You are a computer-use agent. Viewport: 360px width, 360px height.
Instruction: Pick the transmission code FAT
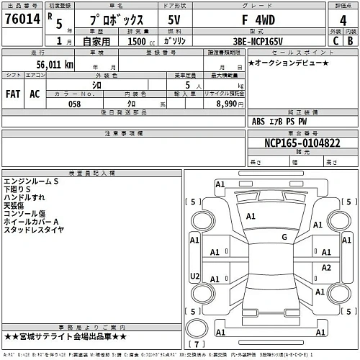(x=14, y=94)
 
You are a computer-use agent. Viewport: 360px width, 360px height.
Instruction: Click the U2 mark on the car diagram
(x=194, y=276)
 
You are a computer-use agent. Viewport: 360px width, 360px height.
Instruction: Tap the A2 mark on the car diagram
(x=326, y=267)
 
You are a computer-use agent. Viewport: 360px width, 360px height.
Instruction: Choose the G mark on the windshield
(x=284, y=237)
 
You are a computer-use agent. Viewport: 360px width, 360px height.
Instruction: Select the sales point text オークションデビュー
(x=288, y=64)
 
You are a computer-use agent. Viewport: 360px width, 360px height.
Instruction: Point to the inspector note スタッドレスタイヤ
(x=35, y=230)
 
